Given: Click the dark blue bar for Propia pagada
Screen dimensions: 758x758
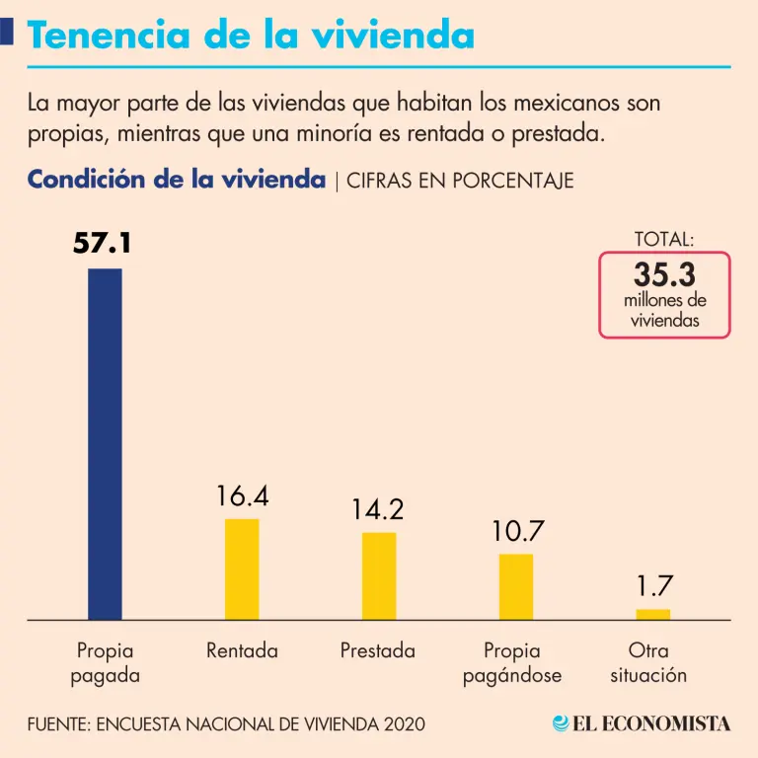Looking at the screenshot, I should tap(105, 444).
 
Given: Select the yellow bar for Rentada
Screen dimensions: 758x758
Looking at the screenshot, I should tap(242, 568).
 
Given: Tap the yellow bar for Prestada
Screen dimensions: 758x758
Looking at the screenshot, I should tap(379, 575).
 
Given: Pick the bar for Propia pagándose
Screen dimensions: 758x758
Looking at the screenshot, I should tap(515, 586).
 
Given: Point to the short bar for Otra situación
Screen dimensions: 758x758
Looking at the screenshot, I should tap(652, 614).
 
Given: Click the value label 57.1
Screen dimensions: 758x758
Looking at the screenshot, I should tap(102, 243).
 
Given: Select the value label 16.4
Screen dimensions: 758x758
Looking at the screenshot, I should tap(242, 496).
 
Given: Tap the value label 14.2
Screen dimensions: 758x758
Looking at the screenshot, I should tap(378, 510).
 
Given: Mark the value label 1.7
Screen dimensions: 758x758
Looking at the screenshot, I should tap(653, 586).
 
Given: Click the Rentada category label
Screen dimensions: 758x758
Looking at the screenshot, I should tap(242, 651).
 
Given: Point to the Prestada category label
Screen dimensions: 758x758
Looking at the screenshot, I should tap(378, 651).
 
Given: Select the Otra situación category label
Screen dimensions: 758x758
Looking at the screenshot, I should tap(648, 663).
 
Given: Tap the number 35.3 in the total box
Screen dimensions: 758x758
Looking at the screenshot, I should tap(664, 273).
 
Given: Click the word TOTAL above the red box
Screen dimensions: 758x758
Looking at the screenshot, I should tap(664, 239).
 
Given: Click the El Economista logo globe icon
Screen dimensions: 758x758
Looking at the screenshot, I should tap(561, 723).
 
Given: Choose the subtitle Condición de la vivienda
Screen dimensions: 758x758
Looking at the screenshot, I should tap(176, 181).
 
